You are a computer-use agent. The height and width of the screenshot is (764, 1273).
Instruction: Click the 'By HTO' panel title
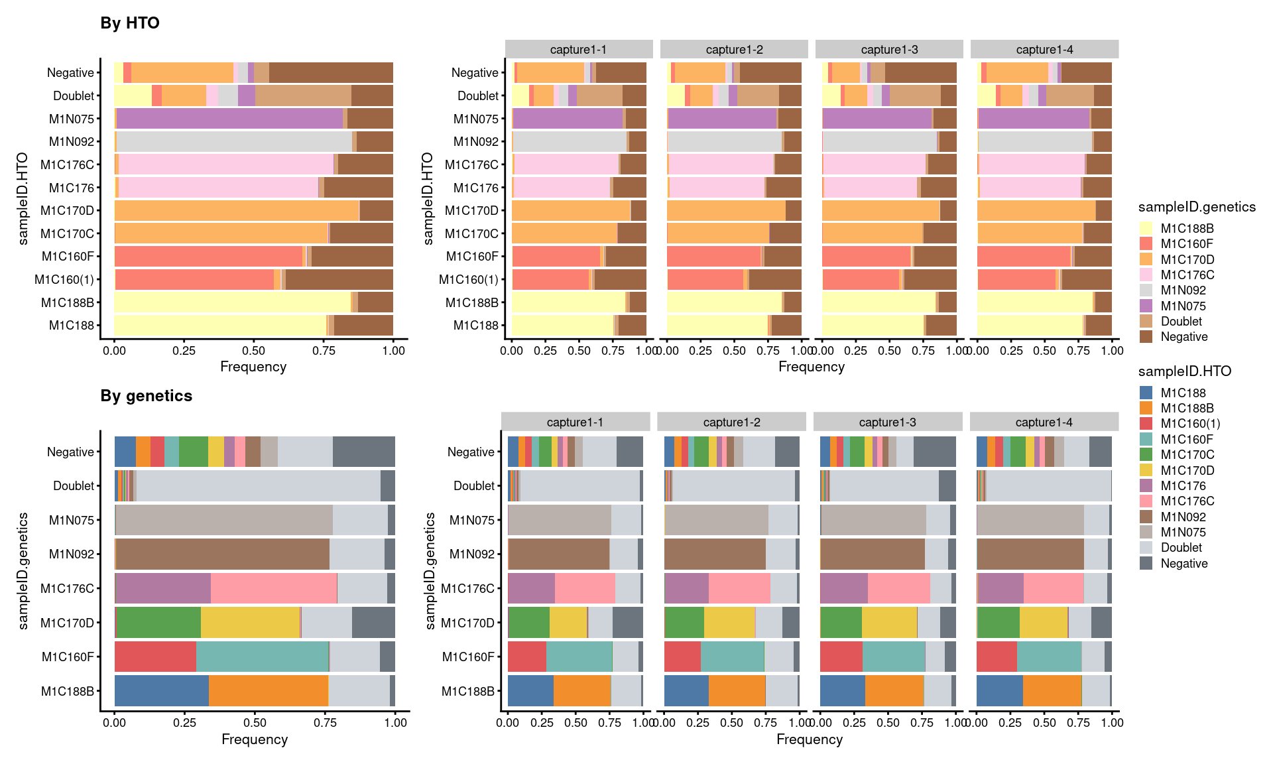[130, 23]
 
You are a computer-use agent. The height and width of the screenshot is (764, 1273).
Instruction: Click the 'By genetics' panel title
[146, 396]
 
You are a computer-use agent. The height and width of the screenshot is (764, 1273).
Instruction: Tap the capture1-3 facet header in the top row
[889, 50]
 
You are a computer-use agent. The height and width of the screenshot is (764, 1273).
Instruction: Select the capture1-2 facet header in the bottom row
[731, 422]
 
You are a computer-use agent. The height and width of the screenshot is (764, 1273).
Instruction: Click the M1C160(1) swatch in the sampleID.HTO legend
[1146, 424]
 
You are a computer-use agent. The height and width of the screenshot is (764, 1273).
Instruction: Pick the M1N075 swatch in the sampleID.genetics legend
[1146, 306]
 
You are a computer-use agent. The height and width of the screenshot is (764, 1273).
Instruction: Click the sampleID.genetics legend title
[1197, 207]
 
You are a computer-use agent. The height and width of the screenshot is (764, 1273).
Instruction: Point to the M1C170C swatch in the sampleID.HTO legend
[1146, 455]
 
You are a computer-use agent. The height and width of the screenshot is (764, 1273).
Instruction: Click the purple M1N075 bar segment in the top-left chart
[229, 119]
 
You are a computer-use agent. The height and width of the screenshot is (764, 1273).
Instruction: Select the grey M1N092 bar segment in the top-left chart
[234, 142]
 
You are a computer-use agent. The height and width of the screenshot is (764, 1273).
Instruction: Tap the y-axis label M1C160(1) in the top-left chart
[64, 280]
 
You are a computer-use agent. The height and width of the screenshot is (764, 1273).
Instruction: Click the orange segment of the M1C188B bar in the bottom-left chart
[269, 691]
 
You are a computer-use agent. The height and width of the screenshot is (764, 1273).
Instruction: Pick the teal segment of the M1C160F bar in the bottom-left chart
[262, 657]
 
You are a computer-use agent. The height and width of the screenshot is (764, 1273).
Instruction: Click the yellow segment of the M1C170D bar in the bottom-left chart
[250, 623]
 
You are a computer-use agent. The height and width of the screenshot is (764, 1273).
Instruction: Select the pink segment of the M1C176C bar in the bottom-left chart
[273, 588]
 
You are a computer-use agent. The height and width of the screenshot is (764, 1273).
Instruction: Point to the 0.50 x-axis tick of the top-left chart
[254, 350]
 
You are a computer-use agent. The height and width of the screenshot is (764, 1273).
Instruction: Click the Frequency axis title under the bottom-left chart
[255, 739]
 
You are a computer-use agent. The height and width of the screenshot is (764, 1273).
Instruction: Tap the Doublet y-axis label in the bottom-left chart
[74, 486]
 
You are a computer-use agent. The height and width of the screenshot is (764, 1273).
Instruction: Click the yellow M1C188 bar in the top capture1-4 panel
[1030, 326]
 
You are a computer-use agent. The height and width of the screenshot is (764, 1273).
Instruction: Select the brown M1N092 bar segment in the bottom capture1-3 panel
[872, 554]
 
